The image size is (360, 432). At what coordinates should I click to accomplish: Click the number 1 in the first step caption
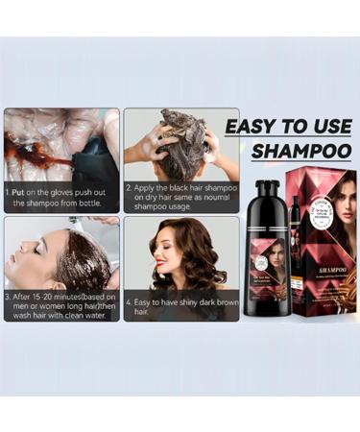point(8,192)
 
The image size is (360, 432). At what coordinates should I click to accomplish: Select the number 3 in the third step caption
point(8,297)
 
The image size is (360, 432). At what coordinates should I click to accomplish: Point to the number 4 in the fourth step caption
point(130,301)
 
